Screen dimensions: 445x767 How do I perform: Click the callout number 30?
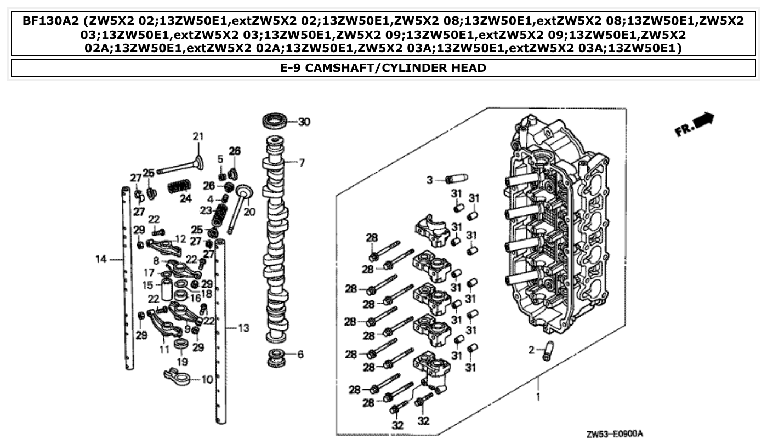tap(304, 122)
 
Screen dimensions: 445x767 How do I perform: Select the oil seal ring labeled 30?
tap(275, 121)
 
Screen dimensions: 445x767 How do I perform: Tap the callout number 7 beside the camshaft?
tap(302, 163)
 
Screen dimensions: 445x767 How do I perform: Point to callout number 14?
tap(101, 259)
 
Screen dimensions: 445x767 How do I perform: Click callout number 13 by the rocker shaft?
tap(243, 328)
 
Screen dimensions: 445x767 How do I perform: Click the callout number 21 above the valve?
tap(197, 136)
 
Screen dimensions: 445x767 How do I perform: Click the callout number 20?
tap(249, 212)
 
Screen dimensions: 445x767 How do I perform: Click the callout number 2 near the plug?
tap(531, 350)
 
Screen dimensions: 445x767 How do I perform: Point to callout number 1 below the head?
tap(538, 396)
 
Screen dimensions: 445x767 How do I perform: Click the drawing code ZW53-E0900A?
tap(614, 434)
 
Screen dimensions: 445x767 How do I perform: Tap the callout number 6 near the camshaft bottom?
tap(300, 355)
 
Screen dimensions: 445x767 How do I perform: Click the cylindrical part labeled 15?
tap(166, 290)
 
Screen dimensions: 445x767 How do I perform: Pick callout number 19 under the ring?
tap(182, 362)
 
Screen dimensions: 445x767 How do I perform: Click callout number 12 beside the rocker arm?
tap(180, 239)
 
